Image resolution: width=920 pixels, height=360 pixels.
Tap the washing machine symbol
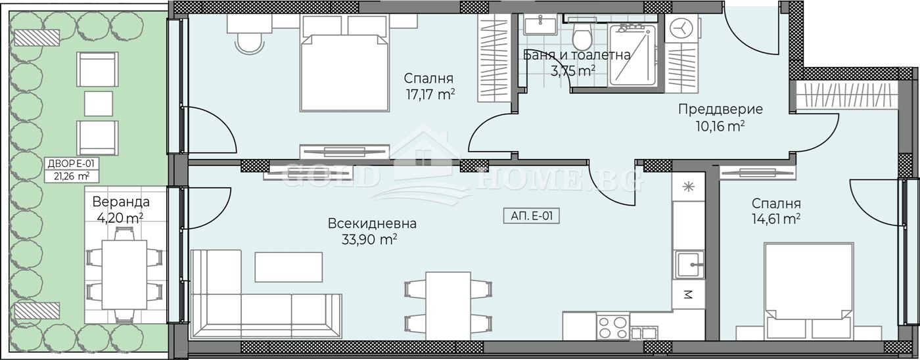(681, 29)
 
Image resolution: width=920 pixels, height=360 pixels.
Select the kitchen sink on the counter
(687, 264)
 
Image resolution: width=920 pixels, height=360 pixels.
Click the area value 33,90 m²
(369, 240)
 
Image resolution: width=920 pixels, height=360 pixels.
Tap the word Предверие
(720, 109)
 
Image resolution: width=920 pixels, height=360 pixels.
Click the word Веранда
(120, 202)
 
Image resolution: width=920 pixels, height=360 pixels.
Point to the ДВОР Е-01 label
(68, 164)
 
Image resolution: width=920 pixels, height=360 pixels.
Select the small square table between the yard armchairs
(99, 103)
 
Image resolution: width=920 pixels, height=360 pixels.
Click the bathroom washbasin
(540, 27)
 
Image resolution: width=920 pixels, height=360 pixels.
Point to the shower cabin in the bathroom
(635, 55)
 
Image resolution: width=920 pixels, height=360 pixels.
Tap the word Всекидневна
(372, 223)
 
